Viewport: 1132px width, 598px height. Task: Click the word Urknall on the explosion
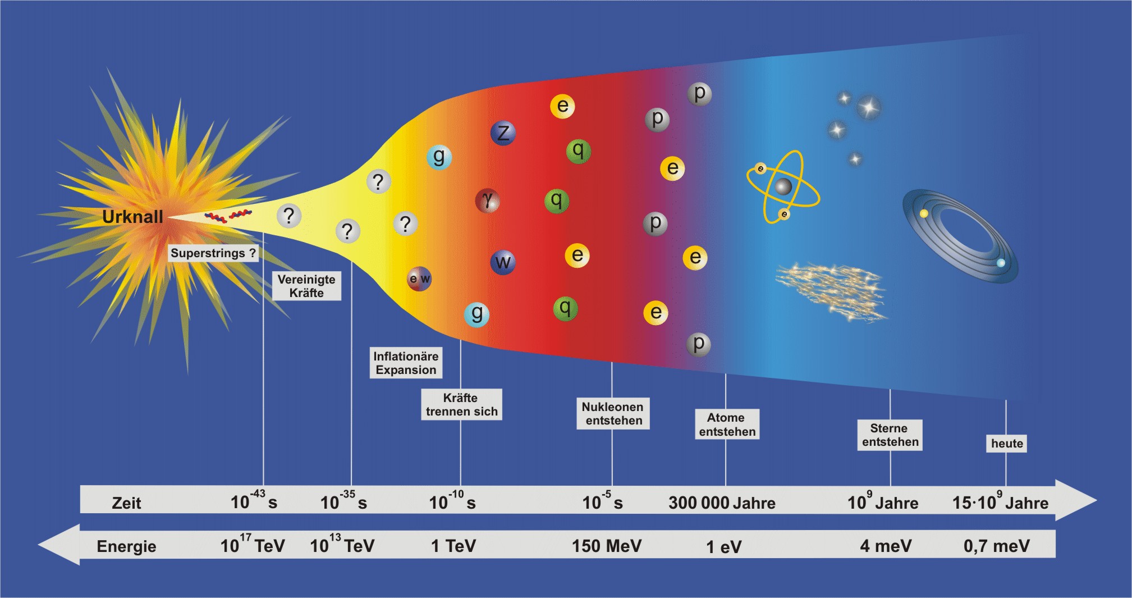click(132, 217)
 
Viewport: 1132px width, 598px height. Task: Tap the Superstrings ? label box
click(213, 253)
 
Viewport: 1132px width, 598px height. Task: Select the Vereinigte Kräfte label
click(306, 286)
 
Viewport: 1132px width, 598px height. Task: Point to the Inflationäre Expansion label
click(406, 363)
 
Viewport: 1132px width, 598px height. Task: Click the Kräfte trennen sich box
click(461, 405)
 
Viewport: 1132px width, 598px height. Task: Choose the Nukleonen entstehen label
click(613, 414)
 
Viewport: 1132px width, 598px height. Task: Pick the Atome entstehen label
click(727, 424)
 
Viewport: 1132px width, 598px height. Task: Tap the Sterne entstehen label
click(890, 435)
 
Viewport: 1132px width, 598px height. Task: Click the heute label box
click(1007, 444)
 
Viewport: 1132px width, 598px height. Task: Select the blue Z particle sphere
click(503, 133)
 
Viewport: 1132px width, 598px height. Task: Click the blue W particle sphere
click(503, 262)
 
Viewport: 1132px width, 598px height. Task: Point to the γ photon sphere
click(488, 200)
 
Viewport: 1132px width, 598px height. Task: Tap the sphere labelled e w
click(419, 279)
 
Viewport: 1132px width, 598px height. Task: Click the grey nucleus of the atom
click(783, 186)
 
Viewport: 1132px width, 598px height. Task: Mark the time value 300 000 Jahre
click(722, 503)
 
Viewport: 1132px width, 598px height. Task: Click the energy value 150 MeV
click(606, 546)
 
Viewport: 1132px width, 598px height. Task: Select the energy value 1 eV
click(723, 547)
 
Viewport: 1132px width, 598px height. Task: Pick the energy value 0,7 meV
click(996, 546)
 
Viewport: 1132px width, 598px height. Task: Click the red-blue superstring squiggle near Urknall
click(228, 216)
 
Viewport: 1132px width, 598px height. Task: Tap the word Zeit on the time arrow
click(126, 503)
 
